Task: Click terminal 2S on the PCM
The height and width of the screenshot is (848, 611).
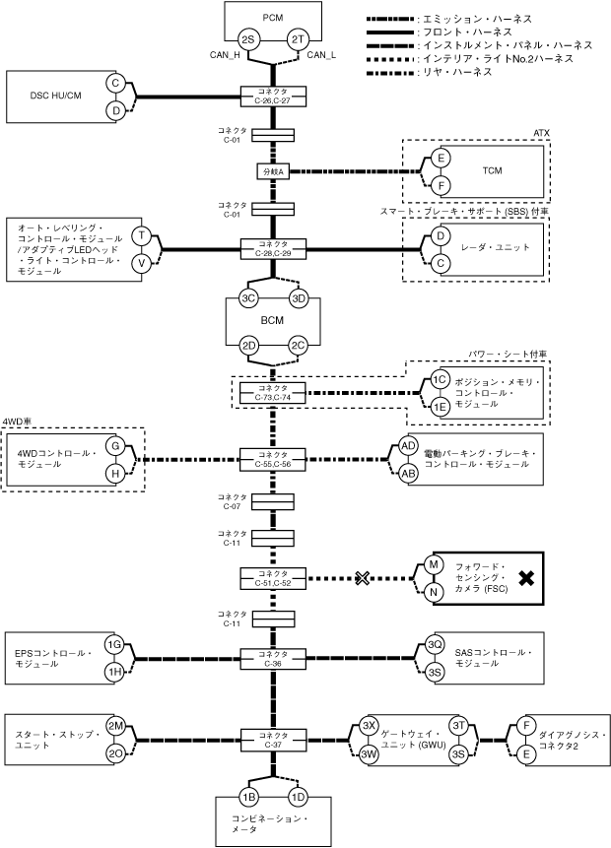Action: point(248,38)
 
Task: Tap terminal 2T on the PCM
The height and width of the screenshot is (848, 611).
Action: point(298,38)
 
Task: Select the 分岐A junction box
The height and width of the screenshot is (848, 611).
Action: point(272,170)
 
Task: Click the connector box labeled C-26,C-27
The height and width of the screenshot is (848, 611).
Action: point(273,96)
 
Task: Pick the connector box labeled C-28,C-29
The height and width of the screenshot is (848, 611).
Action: point(273,247)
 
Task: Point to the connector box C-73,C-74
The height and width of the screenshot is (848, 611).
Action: point(273,392)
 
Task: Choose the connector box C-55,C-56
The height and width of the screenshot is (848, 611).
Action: point(273,458)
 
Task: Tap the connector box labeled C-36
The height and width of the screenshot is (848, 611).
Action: point(273,657)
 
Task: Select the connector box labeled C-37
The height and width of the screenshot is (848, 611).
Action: point(273,739)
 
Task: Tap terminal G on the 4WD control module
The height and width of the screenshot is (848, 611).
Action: point(115,446)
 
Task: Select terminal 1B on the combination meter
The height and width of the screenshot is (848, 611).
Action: point(248,796)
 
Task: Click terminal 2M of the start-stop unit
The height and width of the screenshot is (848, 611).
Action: point(114,725)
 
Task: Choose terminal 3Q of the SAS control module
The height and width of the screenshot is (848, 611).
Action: point(435,644)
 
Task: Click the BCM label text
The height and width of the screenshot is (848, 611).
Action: point(273,320)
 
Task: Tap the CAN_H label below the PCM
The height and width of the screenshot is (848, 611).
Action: point(226,55)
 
